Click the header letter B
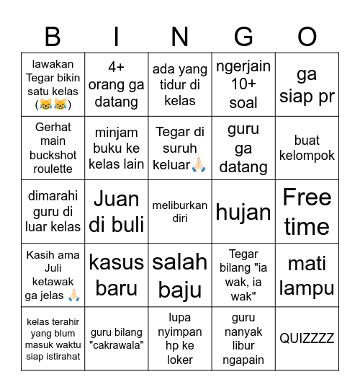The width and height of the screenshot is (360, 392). point(53,35)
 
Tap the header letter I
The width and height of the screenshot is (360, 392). point(117,35)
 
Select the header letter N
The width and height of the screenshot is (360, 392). point(180,35)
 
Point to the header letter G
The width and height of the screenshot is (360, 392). point(243,35)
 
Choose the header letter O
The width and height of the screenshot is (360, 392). point(307,35)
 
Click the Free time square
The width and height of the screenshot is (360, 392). point(307,212)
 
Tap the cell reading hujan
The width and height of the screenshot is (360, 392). point(243,212)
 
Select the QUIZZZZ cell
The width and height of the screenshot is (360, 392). point(307,339)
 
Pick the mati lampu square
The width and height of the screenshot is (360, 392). point(307,275)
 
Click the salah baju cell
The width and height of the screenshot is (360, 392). point(180,275)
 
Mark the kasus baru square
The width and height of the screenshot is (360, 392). point(117,275)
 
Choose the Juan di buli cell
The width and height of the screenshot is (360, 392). point(117,212)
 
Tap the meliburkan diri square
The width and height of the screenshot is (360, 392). point(180,212)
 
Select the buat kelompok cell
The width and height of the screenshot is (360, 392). point(307,148)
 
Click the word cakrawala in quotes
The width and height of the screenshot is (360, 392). point(117,345)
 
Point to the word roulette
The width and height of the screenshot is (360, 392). point(53,169)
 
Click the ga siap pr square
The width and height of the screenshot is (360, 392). point(307,85)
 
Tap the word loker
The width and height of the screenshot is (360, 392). point(180,360)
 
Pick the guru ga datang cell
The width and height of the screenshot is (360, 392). point(243,148)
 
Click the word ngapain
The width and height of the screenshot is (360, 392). point(243,360)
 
